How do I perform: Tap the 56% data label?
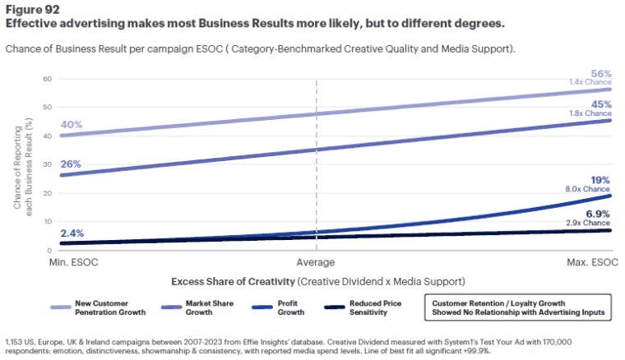point(600,72)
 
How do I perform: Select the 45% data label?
point(600,104)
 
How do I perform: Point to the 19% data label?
point(601,179)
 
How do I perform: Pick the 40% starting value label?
point(72,125)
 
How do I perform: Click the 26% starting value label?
point(72,164)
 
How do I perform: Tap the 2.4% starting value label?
point(72,233)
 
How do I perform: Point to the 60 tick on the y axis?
point(47,79)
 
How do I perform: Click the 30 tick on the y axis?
point(47,164)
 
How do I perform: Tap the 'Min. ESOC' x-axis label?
point(71,262)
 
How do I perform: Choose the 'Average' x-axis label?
point(316,262)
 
